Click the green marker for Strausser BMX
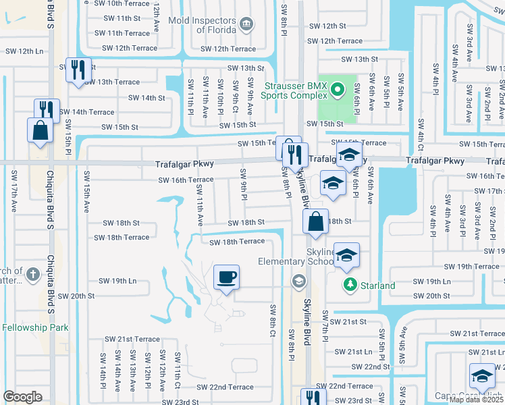pyautogui.click(x=340, y=89)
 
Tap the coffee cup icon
pyautogui.click(x=226, y=277)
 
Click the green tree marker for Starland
pyautogui.click(x=349, y=285)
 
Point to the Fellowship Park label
pyautogui.click(x=35, y=327)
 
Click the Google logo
pyautogui.click(x=22, y=397)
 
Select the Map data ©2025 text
pyautogui.click(x=476, y=400)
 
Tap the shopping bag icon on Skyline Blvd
pyautogui.click(x=315, y=221)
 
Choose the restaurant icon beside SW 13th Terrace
pyautogui.click(x=78, y=70)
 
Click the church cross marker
pyautogui.click(x=32, y=274)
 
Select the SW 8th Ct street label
pyautogui.click(x=273, y=320)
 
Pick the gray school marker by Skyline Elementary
pyautogui.click(x=298, y=280)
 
